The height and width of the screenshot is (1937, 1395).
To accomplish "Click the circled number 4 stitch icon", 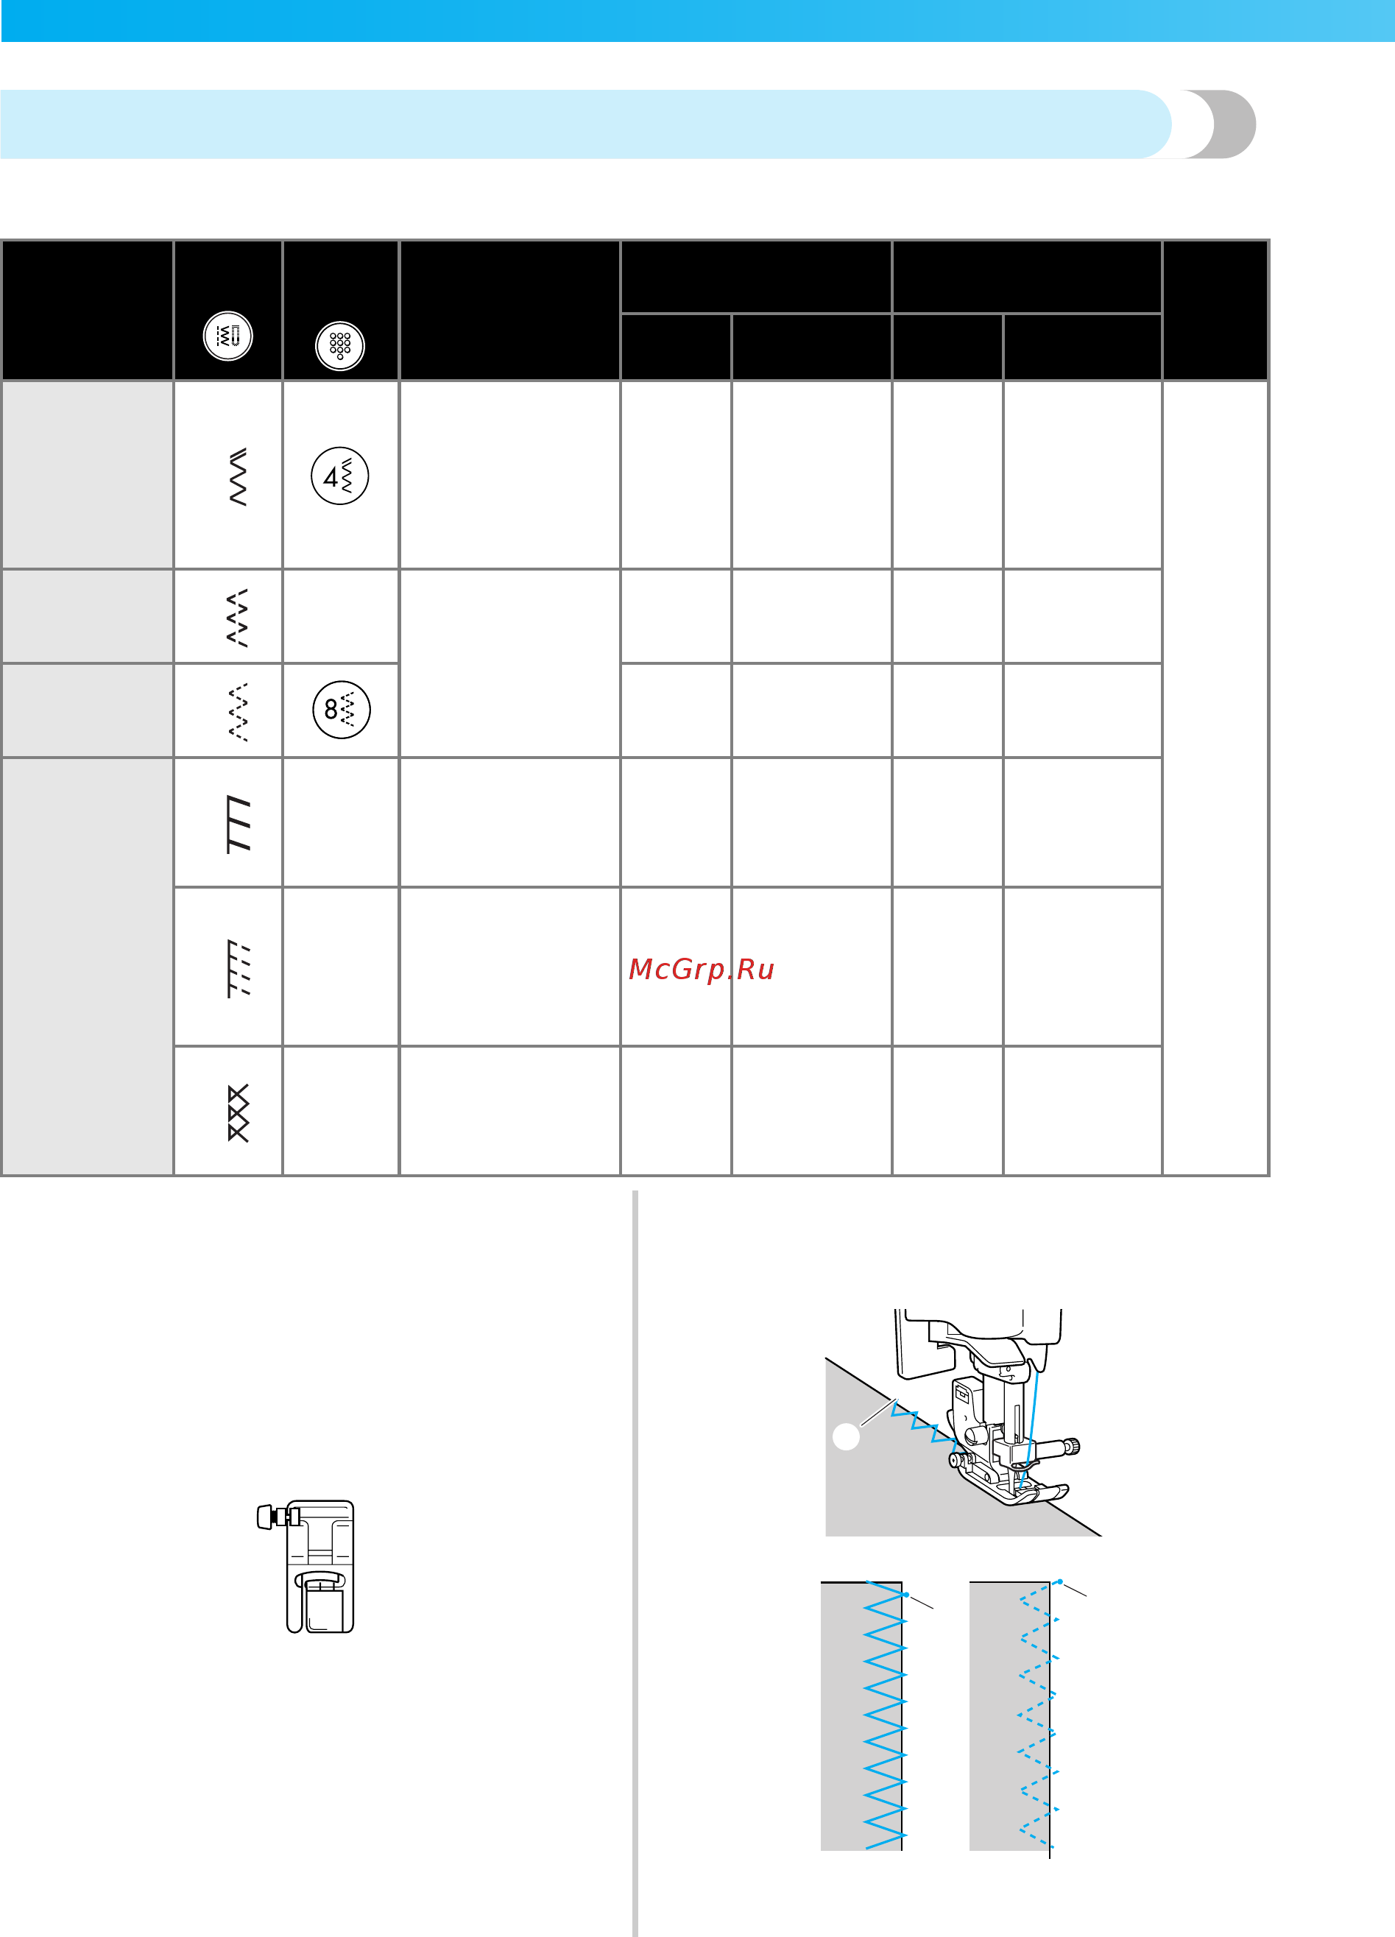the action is click(340, 476).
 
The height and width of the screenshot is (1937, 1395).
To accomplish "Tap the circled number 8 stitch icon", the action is click(342, 710).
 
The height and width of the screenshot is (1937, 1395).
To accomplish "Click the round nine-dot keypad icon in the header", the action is click(340, 346).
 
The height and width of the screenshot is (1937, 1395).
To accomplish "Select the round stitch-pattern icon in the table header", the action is click(228, 336).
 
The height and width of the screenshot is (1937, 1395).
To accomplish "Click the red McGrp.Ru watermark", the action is click(701, 970).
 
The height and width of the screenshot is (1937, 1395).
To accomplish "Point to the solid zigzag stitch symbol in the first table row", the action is click(239, 476).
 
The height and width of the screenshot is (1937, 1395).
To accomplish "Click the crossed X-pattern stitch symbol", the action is click(239, 1113).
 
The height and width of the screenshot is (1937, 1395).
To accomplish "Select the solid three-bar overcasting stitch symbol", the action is click(239, 824).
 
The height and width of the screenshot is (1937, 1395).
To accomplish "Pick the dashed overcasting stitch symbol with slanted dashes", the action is click(239, 969).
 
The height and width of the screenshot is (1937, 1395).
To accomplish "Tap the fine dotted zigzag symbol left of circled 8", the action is click(239, 711).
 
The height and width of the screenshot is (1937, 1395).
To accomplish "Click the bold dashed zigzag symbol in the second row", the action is click(239, 618).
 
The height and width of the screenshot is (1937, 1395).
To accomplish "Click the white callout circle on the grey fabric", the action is click(846, 1436).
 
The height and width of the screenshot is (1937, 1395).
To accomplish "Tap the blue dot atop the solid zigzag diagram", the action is click(905, 1594).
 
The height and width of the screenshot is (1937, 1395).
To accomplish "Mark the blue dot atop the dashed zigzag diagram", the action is click(1059, 1581).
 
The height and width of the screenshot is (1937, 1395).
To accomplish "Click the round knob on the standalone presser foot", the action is click(265, 1517).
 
